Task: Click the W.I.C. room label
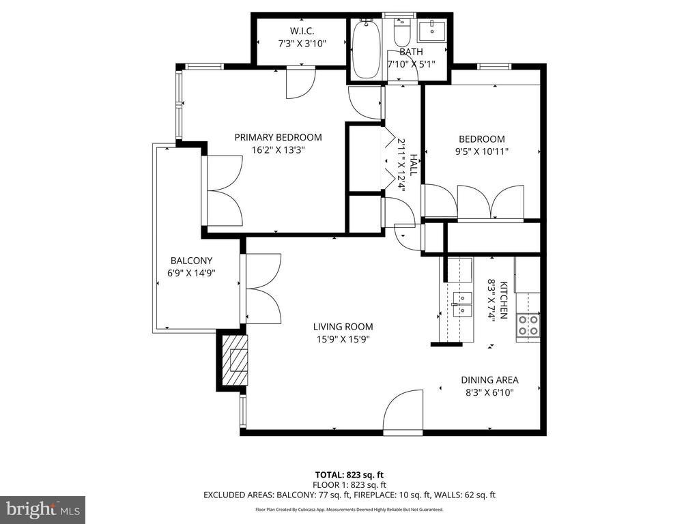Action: pos(302,31)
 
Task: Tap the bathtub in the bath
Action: pos(366,49)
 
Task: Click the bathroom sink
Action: pos(432,30)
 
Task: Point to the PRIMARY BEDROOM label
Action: pos(279,137)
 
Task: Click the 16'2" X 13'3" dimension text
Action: pos(279,150)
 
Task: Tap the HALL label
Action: pos(414,165)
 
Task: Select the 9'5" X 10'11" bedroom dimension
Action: pos(481,151)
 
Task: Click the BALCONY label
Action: pos(191,261)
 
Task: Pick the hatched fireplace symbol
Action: pos(235,360)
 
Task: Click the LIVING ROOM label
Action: pos(343,327)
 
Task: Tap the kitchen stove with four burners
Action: pos(528,325)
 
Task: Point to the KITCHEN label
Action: pos(503,300)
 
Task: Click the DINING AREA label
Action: pos(489,380)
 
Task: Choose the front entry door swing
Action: pos(403,410)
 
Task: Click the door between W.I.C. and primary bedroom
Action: pos(301,82)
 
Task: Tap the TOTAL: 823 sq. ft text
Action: pos(349,475)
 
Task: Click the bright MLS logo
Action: pos(43,509)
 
